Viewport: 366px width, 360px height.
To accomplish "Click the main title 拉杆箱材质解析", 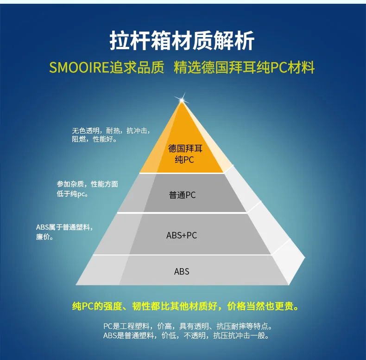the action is coord(182,40).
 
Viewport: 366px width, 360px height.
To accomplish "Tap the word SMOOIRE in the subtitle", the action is coord(79,67).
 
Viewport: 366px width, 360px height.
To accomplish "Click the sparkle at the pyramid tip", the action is coord(182,100).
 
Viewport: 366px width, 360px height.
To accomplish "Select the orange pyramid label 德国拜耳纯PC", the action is coord(185,154).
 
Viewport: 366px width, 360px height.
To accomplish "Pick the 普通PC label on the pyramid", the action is coord(182,195).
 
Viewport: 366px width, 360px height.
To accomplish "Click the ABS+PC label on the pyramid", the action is coord(182,235).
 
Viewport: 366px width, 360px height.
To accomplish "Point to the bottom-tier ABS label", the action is coord(182,271).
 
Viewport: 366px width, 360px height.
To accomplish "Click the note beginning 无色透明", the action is coord(111,135).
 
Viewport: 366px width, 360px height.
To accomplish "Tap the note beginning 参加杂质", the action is coord(87,189).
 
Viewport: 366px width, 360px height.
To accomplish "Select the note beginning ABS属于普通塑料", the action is coord(64,231).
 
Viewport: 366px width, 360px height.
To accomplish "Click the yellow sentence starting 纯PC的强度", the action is coord(185,306).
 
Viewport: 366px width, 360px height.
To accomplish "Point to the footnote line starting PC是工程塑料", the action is coord(188,326).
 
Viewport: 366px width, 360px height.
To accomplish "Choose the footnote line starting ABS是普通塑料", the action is coord(186,335).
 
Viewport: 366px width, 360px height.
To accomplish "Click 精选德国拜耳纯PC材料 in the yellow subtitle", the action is coord(244,67).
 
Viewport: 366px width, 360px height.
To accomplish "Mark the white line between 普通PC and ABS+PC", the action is coord(182,213).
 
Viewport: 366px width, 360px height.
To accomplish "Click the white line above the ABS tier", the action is coord(182,255).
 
